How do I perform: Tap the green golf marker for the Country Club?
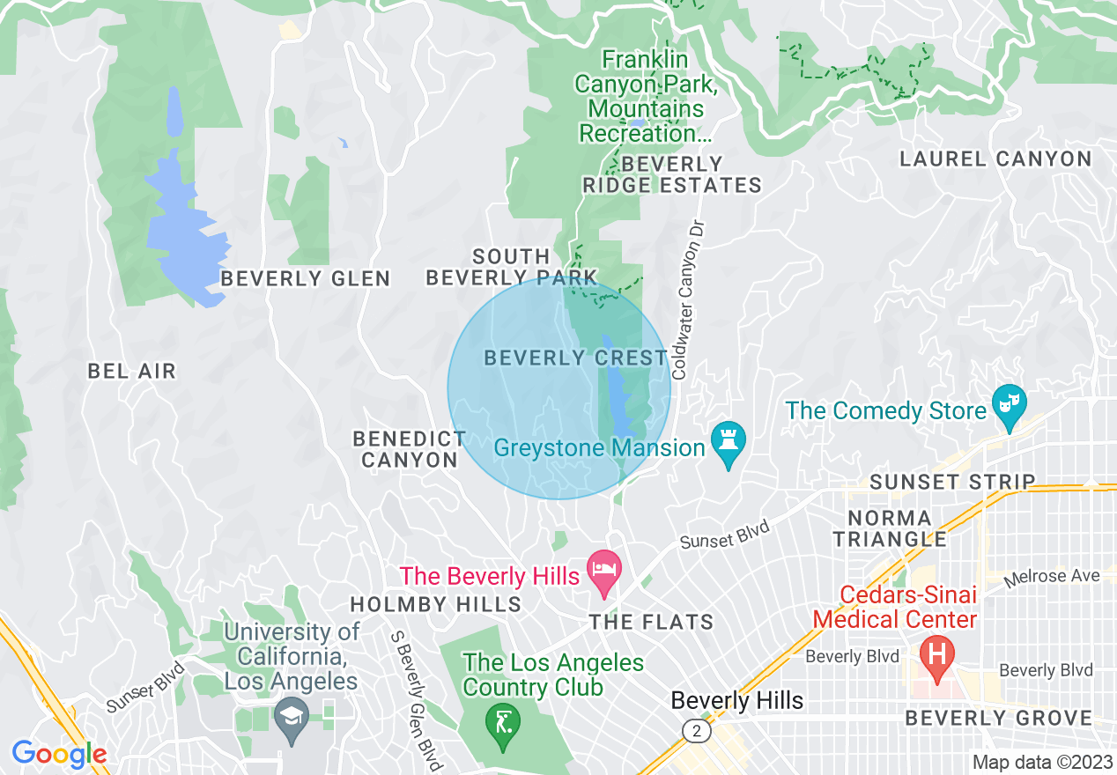coord(503,724)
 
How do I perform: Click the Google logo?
coord(59,754)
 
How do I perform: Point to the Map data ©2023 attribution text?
coord(1040,762)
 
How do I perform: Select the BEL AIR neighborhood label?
coord(132,372)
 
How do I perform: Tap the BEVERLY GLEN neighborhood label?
coord(306,279)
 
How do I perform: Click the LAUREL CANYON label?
coord(995,159)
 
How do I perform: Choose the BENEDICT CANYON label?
coord(410,449)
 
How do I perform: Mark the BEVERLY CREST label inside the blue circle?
coord(576,358)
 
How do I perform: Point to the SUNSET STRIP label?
coord(952,482)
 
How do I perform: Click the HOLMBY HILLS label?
coord(436,604)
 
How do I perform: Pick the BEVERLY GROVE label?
coord(999,719)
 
